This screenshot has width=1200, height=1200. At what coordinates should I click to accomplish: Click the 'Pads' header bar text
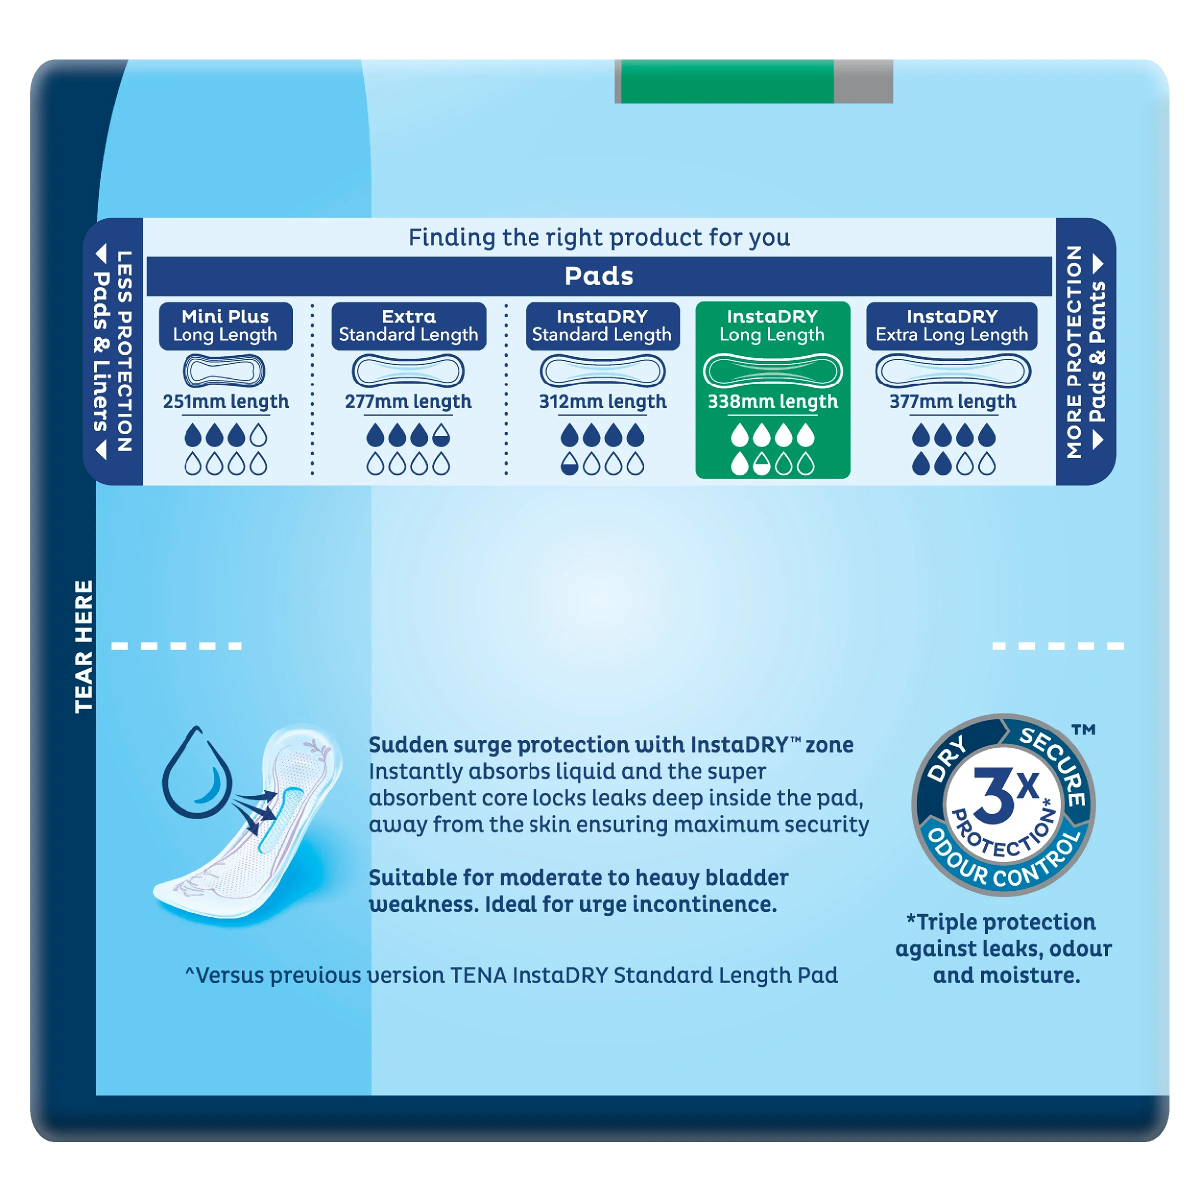click(599, 276)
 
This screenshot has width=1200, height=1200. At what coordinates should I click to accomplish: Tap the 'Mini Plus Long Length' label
click(225, 325)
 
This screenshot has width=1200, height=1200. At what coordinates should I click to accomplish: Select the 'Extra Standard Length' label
click(408, 325)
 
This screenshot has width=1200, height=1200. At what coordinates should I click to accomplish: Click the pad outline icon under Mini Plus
click(224, 371)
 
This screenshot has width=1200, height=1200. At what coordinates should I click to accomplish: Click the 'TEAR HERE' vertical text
click(84, 646)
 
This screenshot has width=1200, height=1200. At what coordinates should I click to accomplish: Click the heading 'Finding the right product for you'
click(599, 237)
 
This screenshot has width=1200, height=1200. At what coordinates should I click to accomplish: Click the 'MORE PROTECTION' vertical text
click(1074, 351)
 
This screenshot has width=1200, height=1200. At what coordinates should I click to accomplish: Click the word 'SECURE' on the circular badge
click(1053, 764)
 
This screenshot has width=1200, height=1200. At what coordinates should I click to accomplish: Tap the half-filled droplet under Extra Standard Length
click(441, 435)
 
